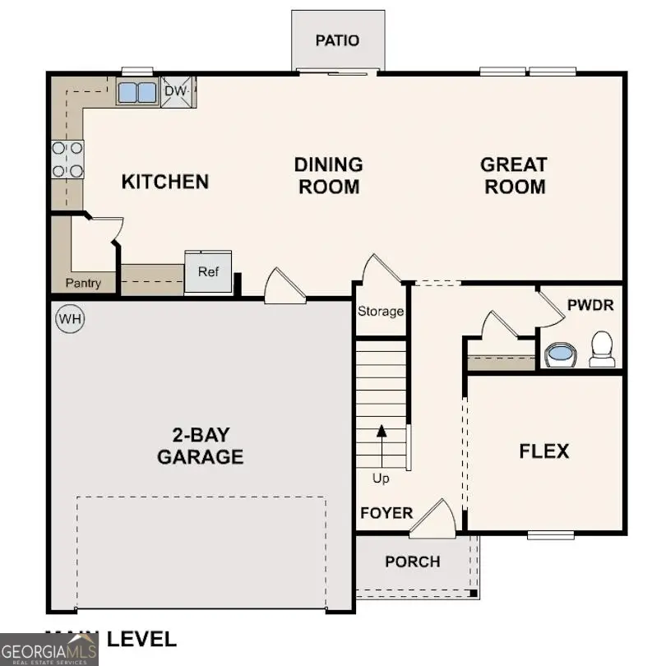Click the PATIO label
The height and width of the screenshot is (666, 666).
pyautogui.click(x=338, y=40)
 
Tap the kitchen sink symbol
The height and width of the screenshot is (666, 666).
pyautogui.click(x=136, y=92)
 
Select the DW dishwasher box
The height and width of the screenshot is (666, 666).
pyautogui.click(x=178, y=92)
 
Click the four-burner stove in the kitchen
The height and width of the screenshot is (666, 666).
pyautogui.click(x=68, y=160)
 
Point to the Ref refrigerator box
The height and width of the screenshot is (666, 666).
pyautogui.click(x=208, y=272)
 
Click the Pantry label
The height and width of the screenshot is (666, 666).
pyautogui.click(x=84, y=284)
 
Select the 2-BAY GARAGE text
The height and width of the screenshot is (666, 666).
pyautogui.click(x=201, y=445)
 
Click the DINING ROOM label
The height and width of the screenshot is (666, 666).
pyautogui.click(x=328, y=175)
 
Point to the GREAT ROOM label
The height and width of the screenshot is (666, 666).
pyautogui.click(x=514, y=175)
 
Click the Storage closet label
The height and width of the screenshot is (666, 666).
pyautogui.click(x=381, y=312)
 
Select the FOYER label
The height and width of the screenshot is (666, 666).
pyautogui.click(x=386, y=513)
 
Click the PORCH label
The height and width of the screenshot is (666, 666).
pyautogui.click(x=413, y=562)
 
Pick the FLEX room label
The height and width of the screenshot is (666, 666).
pyautogui.click(x=543, y=451)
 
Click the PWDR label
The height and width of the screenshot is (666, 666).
pyautogui.click(x=590, y=305)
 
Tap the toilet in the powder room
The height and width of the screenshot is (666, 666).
pyautogui.click(x=602, y=349)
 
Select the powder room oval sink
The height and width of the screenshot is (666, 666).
pyautogui.click(x=562, y=355)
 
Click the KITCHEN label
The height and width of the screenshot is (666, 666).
pyautogui.click(x=165, y=181)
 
